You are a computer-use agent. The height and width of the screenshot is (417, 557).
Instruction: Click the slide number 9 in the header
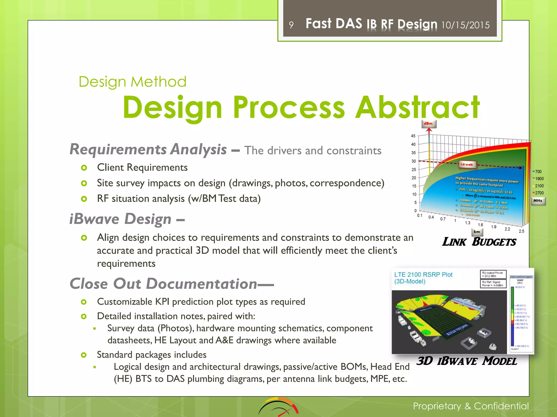[291, 25]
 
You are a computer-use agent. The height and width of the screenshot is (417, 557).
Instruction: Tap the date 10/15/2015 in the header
[465, 25]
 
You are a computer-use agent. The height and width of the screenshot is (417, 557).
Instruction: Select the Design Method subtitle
[132, 82]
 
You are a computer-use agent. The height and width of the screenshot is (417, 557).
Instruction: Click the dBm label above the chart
[428, 124]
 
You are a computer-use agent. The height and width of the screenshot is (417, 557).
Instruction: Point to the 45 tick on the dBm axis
[413, 136]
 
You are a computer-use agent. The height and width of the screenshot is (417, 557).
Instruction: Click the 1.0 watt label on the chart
[466, 164]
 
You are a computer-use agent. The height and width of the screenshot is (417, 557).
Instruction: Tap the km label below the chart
[477, 232]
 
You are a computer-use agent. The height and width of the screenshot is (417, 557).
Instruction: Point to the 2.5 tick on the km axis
[521, 231]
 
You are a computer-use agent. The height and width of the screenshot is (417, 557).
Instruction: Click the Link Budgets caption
[479, 242]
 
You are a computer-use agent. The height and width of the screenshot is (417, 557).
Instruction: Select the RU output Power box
[493, 274]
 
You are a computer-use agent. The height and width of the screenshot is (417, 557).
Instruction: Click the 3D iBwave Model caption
[467, 361]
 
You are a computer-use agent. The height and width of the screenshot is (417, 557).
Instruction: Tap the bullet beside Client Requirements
[84, 168]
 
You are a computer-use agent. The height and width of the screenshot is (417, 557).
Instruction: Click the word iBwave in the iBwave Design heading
[94, 219]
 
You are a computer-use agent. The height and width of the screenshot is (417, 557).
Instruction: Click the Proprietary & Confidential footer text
[471, 406]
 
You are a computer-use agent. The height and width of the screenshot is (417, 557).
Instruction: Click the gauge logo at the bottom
[278, 407]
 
